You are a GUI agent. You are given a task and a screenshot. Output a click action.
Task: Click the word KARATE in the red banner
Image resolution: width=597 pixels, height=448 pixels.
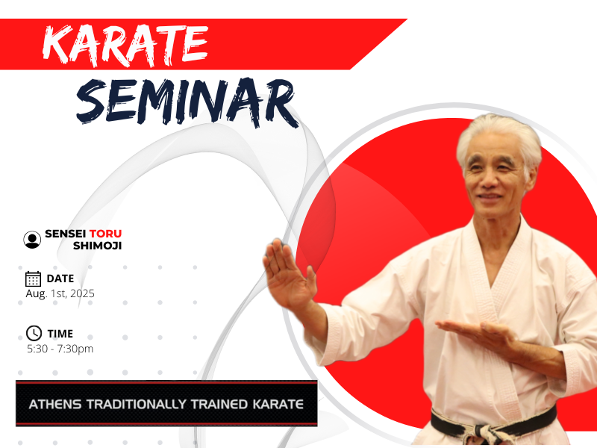[125, 46]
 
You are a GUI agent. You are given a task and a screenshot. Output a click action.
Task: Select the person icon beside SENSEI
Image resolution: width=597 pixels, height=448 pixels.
[32, 240]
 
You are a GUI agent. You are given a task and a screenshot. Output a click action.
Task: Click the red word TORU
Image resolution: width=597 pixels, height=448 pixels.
[105, 234]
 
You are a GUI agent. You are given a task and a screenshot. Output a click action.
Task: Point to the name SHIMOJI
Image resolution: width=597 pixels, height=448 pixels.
[98, 246]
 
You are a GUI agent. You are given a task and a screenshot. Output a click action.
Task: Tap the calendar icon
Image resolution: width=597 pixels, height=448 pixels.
[33, 279]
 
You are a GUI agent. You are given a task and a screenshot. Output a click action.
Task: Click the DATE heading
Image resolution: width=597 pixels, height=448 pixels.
[60, 279]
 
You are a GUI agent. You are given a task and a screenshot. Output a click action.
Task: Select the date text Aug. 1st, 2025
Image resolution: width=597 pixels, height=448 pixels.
[60, 293]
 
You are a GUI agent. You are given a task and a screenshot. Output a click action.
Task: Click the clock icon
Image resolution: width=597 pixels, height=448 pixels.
[34, 333]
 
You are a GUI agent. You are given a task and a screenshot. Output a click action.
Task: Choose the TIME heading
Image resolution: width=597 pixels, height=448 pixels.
[60, 334]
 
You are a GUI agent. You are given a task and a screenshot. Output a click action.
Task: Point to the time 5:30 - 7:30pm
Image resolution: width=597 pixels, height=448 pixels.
[60, 349]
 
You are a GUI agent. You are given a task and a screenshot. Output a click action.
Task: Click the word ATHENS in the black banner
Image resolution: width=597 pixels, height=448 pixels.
[54, 404]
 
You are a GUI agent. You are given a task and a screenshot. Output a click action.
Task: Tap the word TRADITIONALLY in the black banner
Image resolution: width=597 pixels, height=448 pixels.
[137, 404]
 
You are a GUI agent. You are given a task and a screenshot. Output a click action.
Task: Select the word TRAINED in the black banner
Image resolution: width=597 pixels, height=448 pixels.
[219, 404]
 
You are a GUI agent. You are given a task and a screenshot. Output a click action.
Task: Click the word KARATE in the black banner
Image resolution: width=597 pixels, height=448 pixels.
[278, 404]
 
